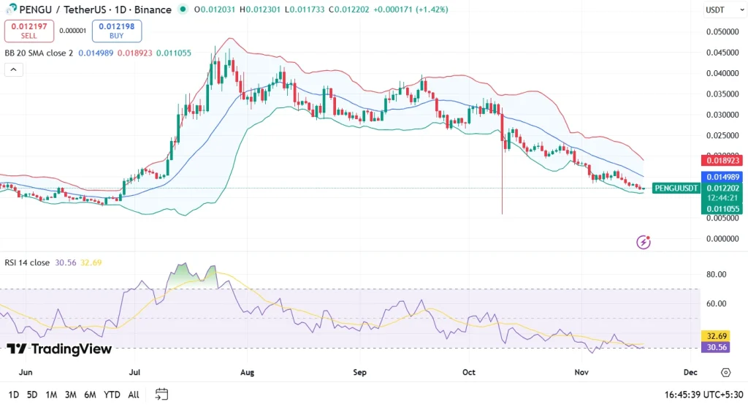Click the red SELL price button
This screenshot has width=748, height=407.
pos(28,31)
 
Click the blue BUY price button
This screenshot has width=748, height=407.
pos(117,31)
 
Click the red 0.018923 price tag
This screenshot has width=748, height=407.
pos(722,160)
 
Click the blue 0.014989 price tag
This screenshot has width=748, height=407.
pos(722,177)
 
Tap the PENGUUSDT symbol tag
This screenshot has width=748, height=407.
pos(676,188)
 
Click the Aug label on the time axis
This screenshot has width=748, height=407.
pos(247,372)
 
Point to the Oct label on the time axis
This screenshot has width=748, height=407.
pos(469,372)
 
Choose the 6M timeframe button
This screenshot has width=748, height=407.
pos(90,395)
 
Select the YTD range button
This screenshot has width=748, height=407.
pos(112,395)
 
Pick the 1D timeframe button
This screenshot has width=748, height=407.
pos(12,395)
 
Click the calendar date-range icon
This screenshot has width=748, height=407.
pos(161,395)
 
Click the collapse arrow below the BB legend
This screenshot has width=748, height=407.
pos(14,70)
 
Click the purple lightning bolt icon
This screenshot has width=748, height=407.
pos(644,241)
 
